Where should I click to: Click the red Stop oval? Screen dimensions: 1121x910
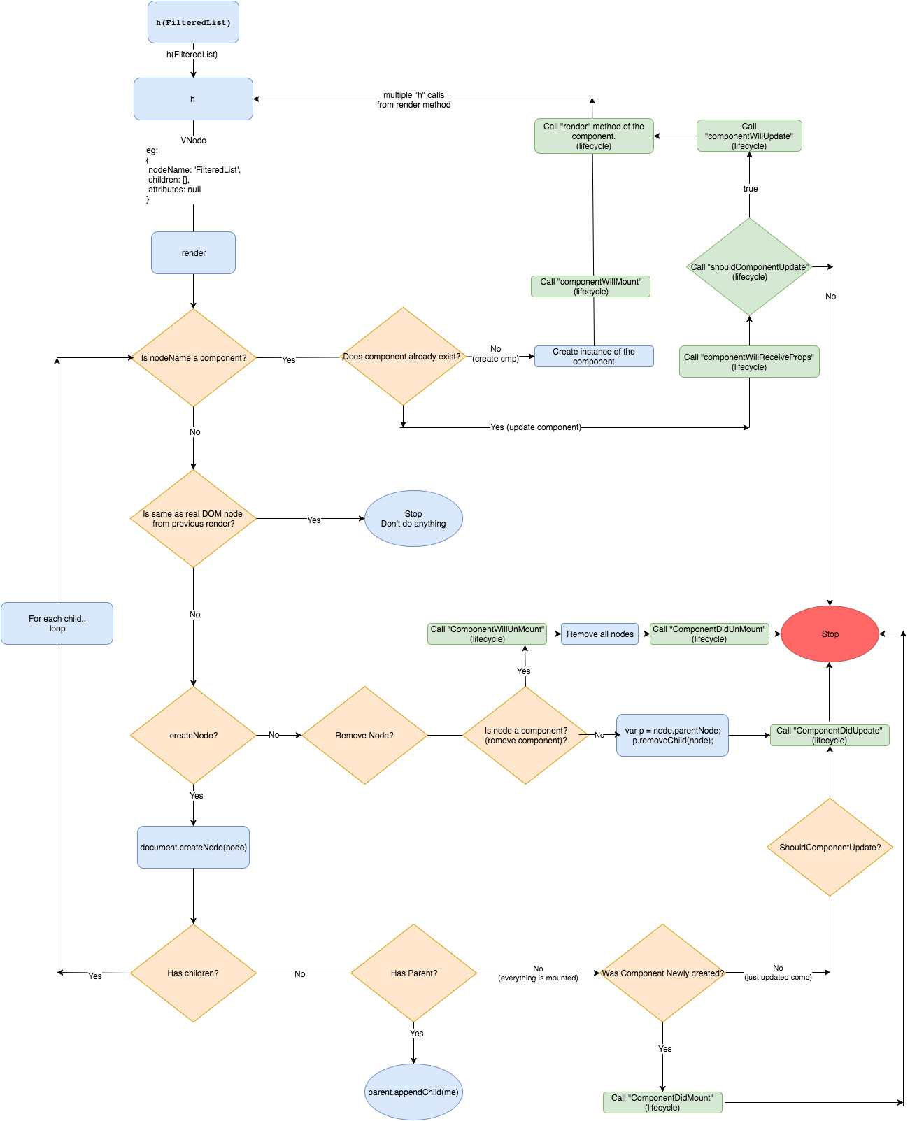[830, 634]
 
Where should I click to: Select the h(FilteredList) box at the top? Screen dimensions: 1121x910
[193, 22]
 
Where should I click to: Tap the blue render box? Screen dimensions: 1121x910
[193, 252]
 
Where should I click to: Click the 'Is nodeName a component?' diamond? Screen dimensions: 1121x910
[194, 357]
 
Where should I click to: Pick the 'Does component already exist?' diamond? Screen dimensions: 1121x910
[403, 357]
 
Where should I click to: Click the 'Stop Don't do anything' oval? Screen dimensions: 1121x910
[413, 518]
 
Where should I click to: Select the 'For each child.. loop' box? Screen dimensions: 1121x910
[57, 623]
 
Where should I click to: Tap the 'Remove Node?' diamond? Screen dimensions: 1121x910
[364, 735]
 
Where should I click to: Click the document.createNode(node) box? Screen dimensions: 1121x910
[193, 847]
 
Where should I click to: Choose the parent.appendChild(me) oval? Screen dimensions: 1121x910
[413, 1092]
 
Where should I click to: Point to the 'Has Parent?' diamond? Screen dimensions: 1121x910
[413, 973]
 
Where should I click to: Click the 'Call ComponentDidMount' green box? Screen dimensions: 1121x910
[662, 1102]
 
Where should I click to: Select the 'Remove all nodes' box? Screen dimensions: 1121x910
[599, 634]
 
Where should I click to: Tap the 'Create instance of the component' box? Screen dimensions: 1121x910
[594, 356]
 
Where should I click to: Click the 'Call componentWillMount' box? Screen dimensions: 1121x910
[590, 286]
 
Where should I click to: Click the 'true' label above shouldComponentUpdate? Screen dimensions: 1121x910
[750, 189]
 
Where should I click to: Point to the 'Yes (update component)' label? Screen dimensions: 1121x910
[535, 427]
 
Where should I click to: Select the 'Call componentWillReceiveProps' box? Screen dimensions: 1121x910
[749, 362]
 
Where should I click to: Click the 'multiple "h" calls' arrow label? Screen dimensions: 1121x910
[413, 99]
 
